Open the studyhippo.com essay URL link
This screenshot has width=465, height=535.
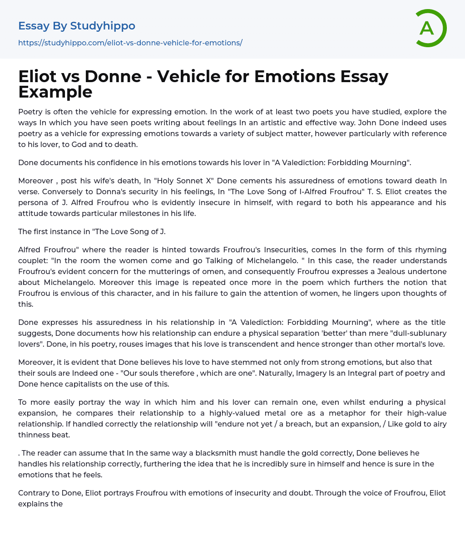[x=130, y=43]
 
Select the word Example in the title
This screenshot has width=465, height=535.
[x=55, y=92]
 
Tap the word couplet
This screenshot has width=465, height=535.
[x=31, y=260]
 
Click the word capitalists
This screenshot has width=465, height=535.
[x=87, y=384]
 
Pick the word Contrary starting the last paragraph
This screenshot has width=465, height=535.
[x=35, y=493]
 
